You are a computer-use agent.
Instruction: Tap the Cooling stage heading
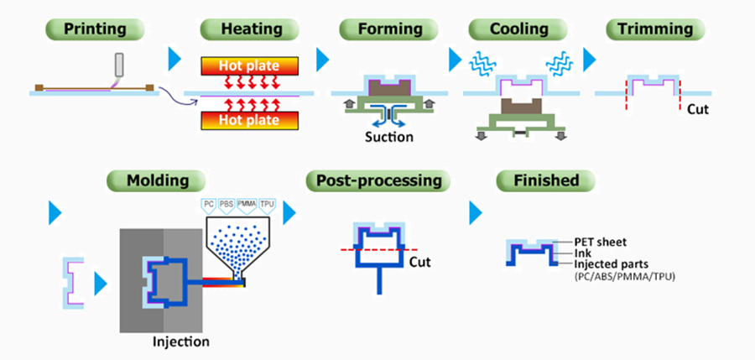pos(518,29)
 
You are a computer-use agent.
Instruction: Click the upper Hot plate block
pos(248,65)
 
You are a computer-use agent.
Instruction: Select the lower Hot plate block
pos(248,120)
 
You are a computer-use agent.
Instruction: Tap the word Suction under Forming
pos(388,137)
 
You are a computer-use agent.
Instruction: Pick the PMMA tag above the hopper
pos(247,203)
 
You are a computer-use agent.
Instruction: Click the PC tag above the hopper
pos(208,203)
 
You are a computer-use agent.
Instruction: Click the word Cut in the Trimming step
pos(698,108)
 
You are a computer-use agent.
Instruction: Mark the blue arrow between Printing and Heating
pos(174,59)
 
